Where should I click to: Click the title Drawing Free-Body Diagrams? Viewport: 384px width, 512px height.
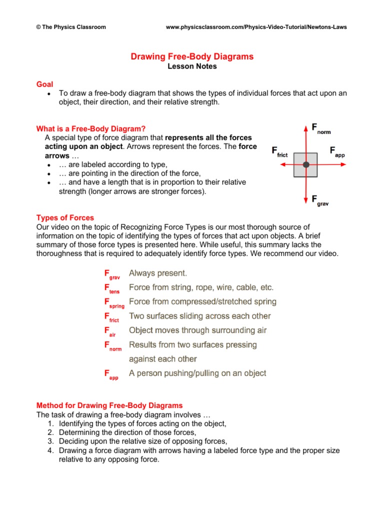[x=192, y=56]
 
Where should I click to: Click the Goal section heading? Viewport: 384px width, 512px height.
[x=44, y=84]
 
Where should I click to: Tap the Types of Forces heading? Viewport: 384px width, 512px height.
[x=65, y=217]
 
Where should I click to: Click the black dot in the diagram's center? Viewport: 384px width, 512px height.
[x=306, y=164]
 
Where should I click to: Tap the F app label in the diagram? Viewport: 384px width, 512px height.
[x=337, y=151]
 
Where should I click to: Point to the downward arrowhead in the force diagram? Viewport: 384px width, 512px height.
[x=306, y=201]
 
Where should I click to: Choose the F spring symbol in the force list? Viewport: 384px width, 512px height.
[x=114, y=303]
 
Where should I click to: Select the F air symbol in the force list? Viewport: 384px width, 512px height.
[x=110, y=331]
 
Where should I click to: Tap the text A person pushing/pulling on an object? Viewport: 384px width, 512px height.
[x=197, y=373]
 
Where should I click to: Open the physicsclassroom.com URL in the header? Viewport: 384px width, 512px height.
[x=256, y=27]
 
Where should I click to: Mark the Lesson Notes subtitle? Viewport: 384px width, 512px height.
[x=192, y=66]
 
